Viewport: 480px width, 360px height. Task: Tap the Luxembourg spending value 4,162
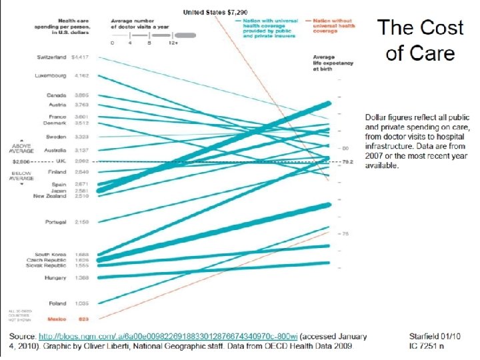pos(85,75)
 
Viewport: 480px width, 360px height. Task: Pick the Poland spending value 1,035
pos(83,303)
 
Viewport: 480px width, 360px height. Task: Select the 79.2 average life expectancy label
pos(347,162)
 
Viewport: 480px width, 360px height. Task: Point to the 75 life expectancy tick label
pos(346,234)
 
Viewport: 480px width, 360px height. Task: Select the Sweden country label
pos(55,135)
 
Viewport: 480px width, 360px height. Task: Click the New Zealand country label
pos(51,196)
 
